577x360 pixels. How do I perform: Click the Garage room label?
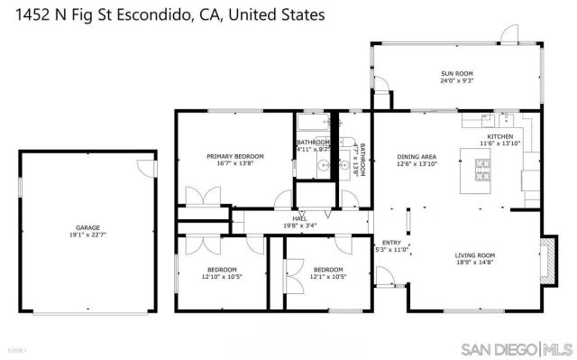click(x=87, y=227)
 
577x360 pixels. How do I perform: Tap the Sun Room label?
click(x=457, y=73)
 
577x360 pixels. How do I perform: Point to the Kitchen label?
click(x=499, y=136)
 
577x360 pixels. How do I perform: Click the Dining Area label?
click(x=417, y=156)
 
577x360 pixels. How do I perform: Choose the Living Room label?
click(x=474, y=255)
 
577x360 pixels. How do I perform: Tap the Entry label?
click(x=390, y=242)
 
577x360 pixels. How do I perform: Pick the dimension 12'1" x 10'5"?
click(x=328, y=277)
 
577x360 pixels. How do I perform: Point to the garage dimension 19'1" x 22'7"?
click(x=87, y=235)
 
